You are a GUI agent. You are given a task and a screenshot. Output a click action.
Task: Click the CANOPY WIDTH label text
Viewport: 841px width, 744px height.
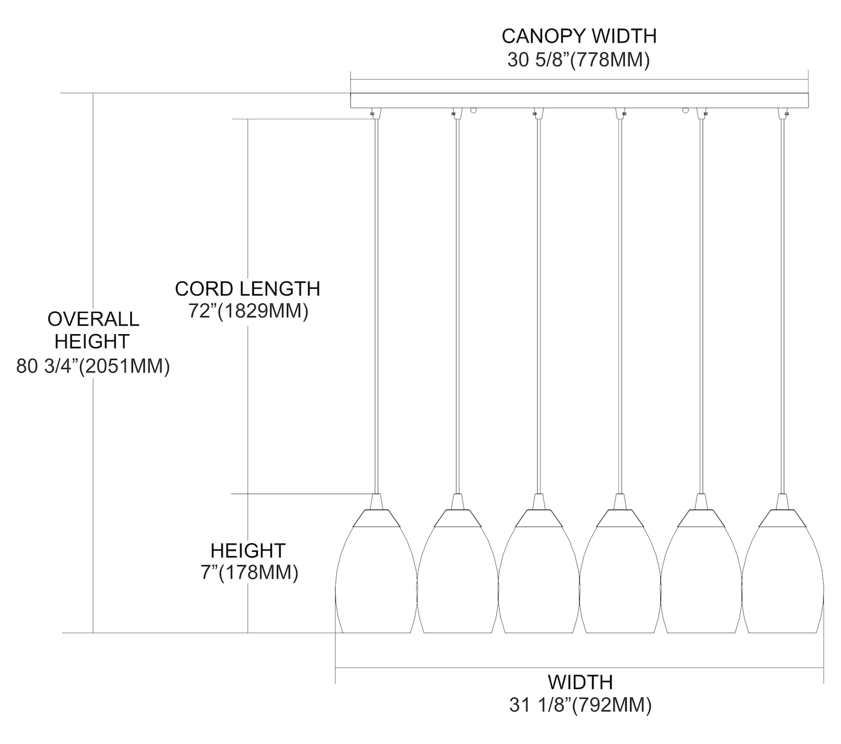[579, 36]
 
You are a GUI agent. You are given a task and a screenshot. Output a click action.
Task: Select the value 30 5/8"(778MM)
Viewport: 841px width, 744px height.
[579, 59]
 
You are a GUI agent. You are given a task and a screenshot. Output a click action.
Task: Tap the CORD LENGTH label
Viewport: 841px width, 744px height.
[247, 289]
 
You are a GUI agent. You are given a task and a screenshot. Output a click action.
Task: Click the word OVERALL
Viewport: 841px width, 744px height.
[93, 319]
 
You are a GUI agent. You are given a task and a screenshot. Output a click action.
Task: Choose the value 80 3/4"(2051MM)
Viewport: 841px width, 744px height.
[93, 366]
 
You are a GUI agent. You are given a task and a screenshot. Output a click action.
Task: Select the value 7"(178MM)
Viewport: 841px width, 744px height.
[248, 573]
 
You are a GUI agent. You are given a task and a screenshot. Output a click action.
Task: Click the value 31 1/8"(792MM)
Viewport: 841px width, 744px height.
[580, 705]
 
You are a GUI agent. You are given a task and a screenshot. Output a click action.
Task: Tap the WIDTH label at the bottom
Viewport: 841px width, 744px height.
[580, 682]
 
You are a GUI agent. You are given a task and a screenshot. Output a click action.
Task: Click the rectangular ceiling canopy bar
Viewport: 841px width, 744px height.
[579, 100]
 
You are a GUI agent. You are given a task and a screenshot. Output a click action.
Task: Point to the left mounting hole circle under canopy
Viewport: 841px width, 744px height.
[473, 111]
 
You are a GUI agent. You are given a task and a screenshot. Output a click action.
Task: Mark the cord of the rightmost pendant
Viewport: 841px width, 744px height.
[782, 303]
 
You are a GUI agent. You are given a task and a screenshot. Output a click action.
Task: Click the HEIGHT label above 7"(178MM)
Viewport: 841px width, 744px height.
[248, 551]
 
